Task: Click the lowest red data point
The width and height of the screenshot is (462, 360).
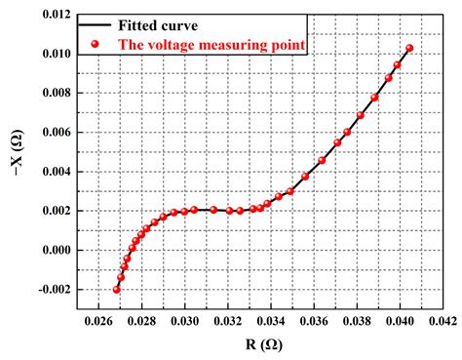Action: pyautogui.click(x=117, y=289)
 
